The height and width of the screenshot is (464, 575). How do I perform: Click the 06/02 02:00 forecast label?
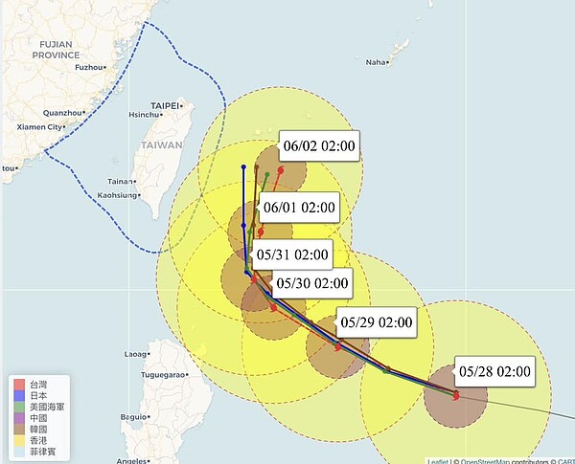[x=319, y=146]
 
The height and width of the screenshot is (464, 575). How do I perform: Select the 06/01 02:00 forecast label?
[x=298, y=208]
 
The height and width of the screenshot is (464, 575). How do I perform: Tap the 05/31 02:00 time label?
[x=292, y=255]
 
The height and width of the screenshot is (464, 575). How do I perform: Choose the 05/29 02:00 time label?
[x=376, y=322]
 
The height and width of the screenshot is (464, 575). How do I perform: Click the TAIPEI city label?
[x=165, y=105]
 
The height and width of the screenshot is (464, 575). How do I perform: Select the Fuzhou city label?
[x=89, y=68]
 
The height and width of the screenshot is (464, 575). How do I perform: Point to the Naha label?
[x=376, y=62]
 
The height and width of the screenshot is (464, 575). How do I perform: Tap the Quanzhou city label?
[x=63, y=112]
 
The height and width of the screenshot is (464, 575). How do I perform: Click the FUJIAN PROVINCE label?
[x=57, y=50]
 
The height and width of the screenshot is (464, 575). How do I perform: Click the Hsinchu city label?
[x=146, y=115]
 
